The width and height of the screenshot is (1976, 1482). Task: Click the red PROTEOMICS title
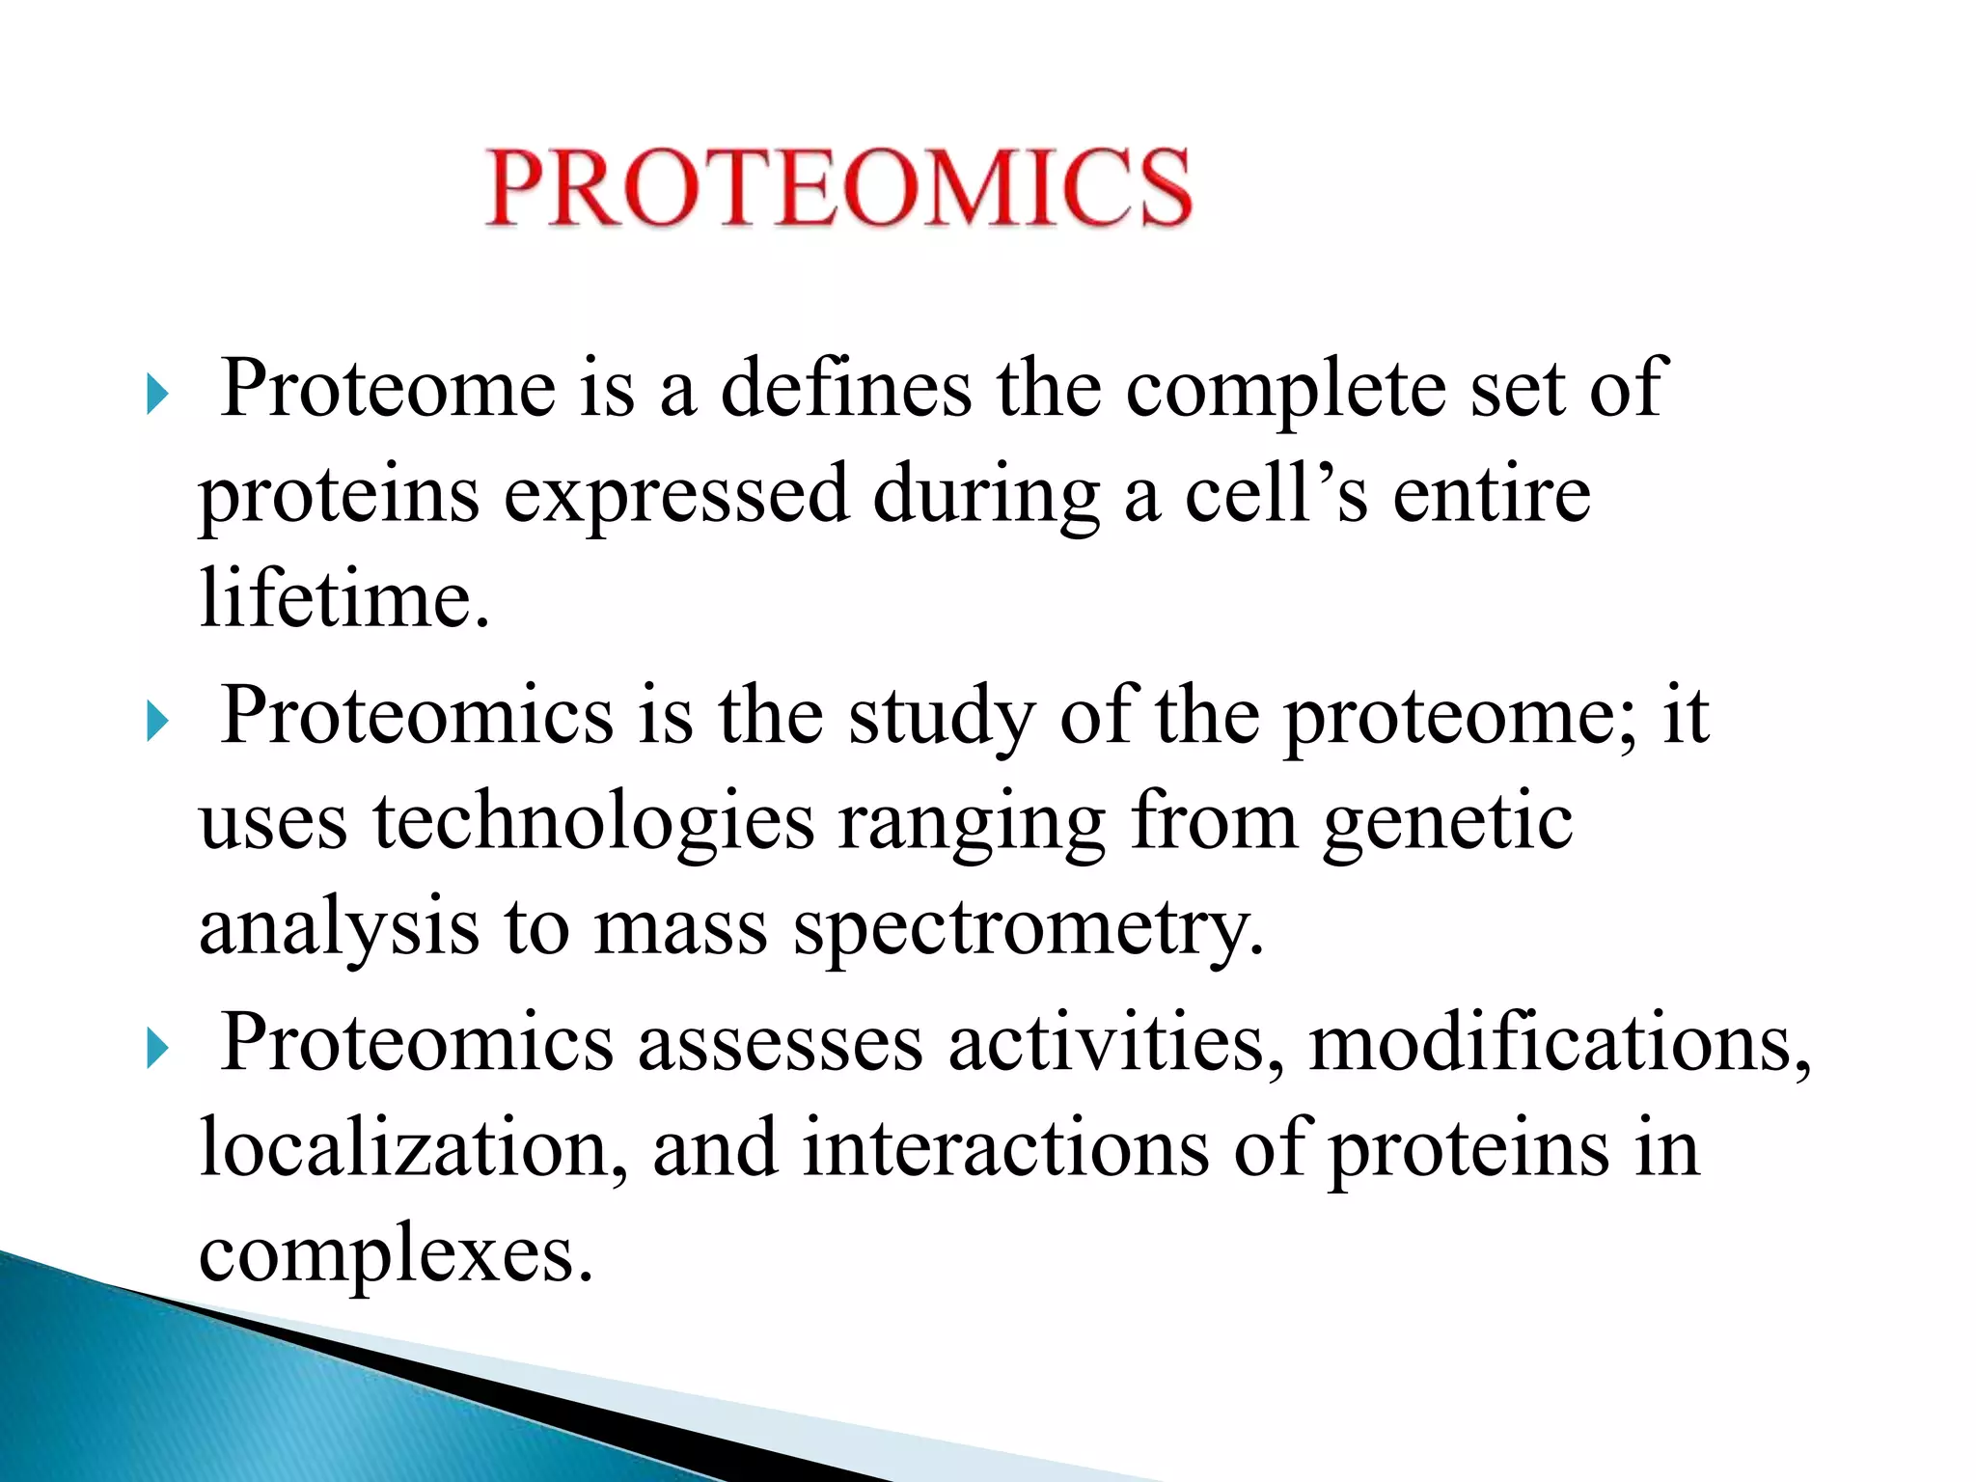point(837,188)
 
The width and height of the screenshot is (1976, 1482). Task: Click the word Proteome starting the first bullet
point(388,388)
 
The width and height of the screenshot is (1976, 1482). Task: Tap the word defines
point(846,388)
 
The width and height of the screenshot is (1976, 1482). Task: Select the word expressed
point(675,494)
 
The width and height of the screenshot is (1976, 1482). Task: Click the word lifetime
point(344,599)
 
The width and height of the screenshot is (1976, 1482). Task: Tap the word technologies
point(593,822)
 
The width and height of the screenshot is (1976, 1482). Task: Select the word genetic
point(1447,822)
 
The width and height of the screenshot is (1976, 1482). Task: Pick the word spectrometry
point(1028,928)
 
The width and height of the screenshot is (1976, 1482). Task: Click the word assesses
point(780,1043)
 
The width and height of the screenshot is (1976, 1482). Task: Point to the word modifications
point(1559,1043)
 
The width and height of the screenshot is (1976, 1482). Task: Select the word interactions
point(1005,1148)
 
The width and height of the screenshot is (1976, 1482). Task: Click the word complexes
point(396,1253)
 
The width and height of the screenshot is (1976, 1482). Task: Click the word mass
point(680,928)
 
